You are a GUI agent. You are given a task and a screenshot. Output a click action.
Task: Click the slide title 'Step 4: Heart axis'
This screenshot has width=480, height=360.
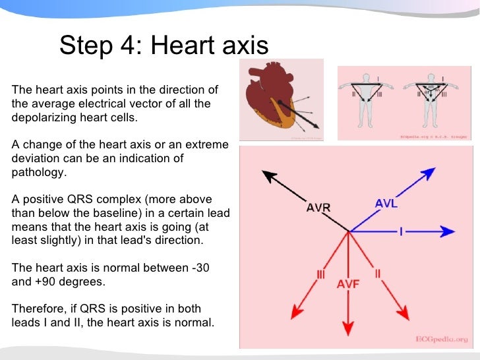point(164,46)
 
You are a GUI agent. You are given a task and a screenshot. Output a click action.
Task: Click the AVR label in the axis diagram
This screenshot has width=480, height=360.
point(318,207)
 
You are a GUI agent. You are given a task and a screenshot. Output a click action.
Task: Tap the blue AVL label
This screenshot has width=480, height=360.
point(386,204)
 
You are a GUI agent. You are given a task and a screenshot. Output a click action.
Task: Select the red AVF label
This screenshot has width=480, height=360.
point(347,284)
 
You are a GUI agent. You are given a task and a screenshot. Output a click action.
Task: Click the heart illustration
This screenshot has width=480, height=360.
point(280,99)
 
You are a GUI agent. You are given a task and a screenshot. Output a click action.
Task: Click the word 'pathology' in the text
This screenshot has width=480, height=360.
point(39,172)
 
